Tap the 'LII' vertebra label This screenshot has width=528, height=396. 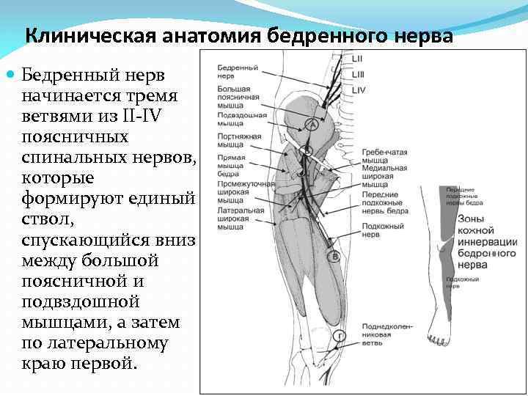pos(357,59)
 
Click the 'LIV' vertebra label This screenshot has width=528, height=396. pos(359,90)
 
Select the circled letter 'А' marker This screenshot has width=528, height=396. pos(312,125)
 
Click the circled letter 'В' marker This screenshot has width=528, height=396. pos(334,256)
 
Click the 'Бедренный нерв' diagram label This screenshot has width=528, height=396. pos(237,71)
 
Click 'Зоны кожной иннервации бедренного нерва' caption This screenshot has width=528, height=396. pos(487,235)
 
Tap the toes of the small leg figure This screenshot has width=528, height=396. pos(439,341)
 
